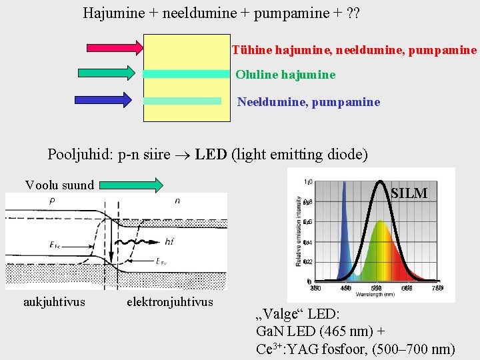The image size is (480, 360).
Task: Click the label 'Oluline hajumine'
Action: click(x=285, y=75)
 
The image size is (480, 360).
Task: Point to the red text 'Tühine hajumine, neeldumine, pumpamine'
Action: click(x=354, y=50)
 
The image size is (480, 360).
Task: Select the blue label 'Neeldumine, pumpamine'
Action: click(x=309, y=102)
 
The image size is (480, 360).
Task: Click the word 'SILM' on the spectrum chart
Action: click(x=409, y=193)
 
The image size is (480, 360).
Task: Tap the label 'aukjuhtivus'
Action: click(x=54, y=302)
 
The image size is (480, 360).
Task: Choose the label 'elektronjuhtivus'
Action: click(x=170, y=302)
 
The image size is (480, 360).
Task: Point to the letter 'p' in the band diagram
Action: click(x=52, y=200)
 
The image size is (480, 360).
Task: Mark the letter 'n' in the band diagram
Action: click(x=177, y=200)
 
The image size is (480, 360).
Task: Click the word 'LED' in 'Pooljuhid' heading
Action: click(x=211, y=155)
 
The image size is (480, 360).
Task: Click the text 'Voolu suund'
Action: click(x=59, y=185)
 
